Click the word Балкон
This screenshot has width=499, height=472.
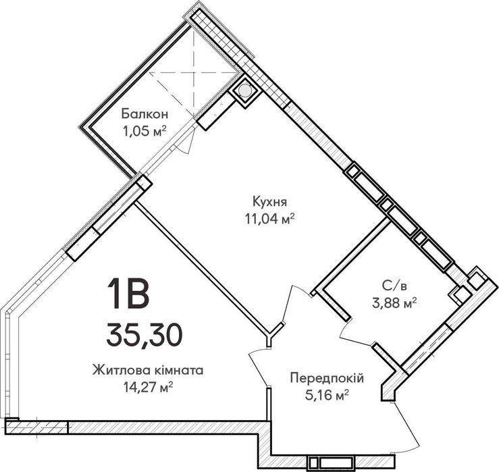[x=145, y=114]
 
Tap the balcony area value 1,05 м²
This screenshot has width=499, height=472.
[x=145, y=130]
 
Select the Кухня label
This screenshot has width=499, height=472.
[x=270, y=202]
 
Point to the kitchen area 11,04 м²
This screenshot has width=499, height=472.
[x=269, y=218]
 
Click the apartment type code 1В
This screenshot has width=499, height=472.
[x=128, y=293]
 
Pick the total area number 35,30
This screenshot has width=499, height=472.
[x=144, y=334]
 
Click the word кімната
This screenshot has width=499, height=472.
[x=175, y=371]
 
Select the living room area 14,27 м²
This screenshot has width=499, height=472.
[x=148, y=387]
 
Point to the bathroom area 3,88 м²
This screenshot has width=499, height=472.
[x=394, y=303]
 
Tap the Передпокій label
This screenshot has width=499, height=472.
[x=327, y=378]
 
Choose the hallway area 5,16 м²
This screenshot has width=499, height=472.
[x=327, y=395]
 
